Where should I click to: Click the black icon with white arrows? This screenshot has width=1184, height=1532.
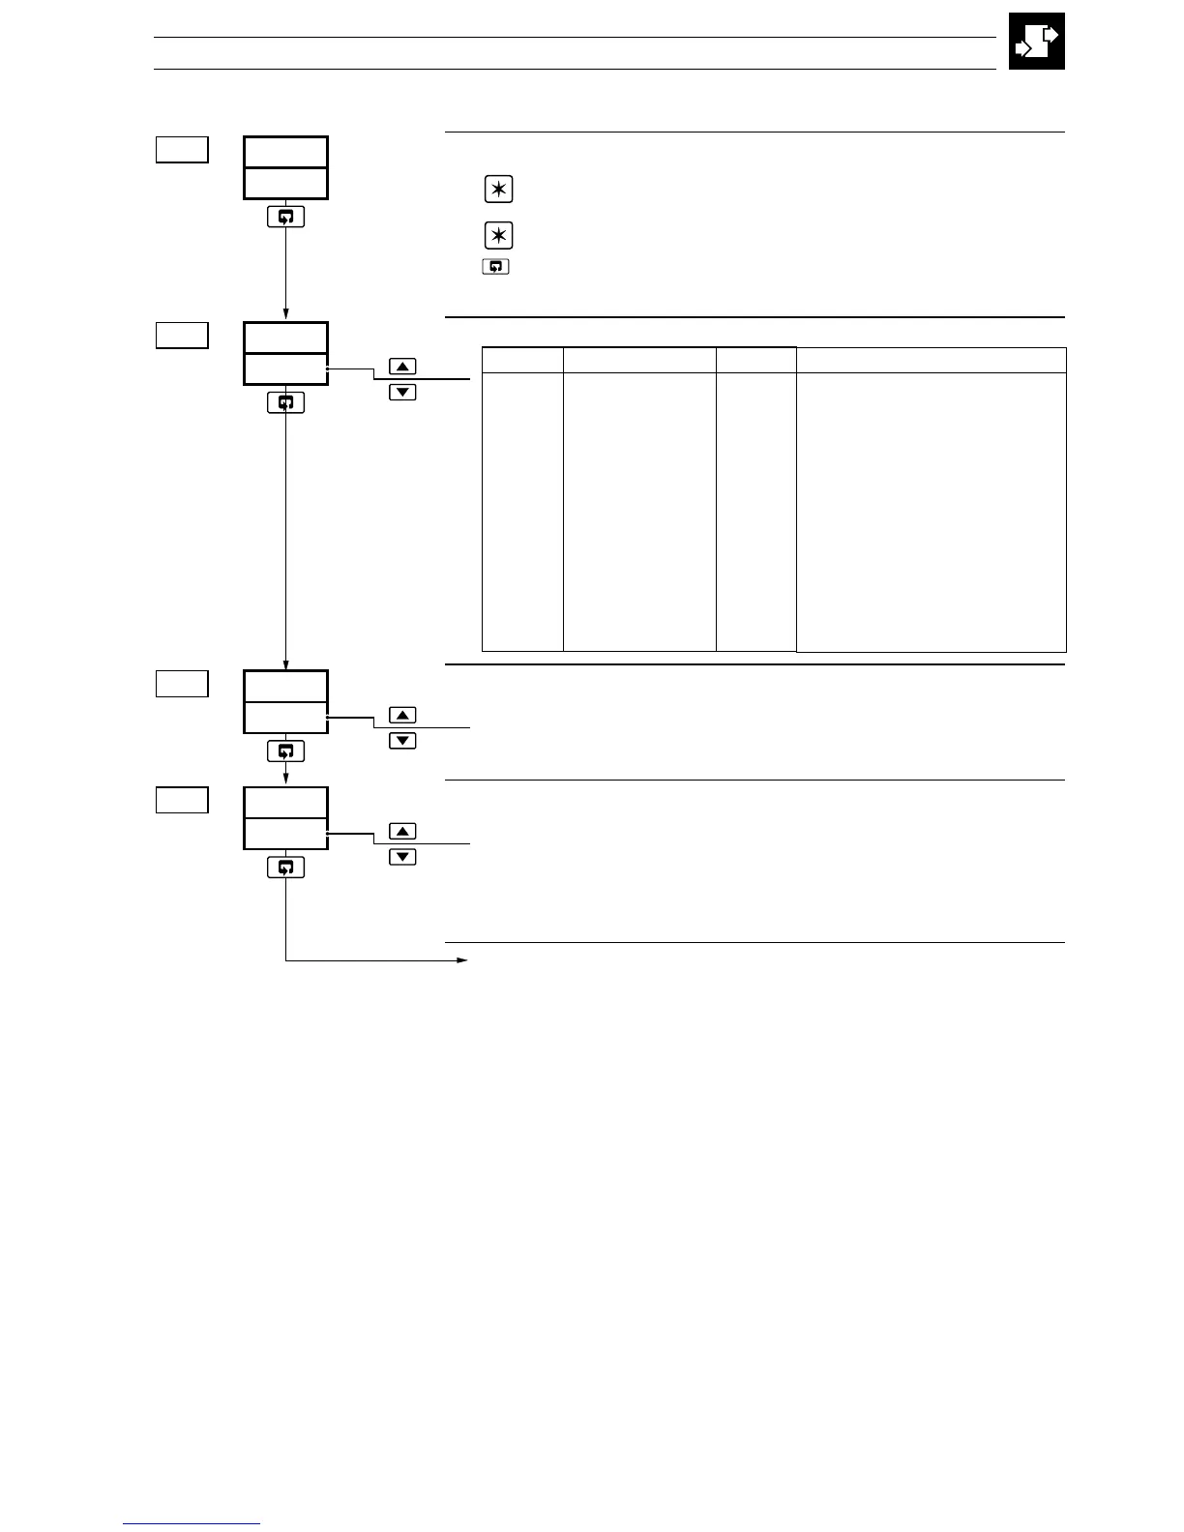point(1036,42)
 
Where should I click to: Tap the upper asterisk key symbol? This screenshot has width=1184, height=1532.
point(498,190)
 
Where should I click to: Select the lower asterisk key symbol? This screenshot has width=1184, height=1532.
point(498,235)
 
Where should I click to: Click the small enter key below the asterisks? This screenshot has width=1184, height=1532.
point(495,266)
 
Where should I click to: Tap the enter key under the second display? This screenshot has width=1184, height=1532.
point(285,402)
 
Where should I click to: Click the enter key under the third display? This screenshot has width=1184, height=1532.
point(285,751)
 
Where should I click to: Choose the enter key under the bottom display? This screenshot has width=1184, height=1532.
point(285,868)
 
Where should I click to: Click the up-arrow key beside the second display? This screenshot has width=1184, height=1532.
point(402,367)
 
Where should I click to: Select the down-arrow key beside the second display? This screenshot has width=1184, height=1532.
point(402,392)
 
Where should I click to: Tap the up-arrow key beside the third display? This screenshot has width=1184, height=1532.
point(402,715)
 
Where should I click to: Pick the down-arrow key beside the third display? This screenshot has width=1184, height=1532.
point(402,740)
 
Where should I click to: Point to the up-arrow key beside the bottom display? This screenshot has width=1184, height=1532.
point(402,831)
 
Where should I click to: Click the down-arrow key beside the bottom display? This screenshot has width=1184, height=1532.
point(402,856)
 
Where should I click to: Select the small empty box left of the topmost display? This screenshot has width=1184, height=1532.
point(182,150)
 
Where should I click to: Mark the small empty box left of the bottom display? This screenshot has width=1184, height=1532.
point(182,800)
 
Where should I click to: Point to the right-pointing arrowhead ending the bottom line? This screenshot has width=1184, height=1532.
point(462,960)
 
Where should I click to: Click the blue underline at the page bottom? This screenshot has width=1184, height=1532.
point(192,1523)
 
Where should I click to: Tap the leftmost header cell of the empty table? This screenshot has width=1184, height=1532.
point(522,360)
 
